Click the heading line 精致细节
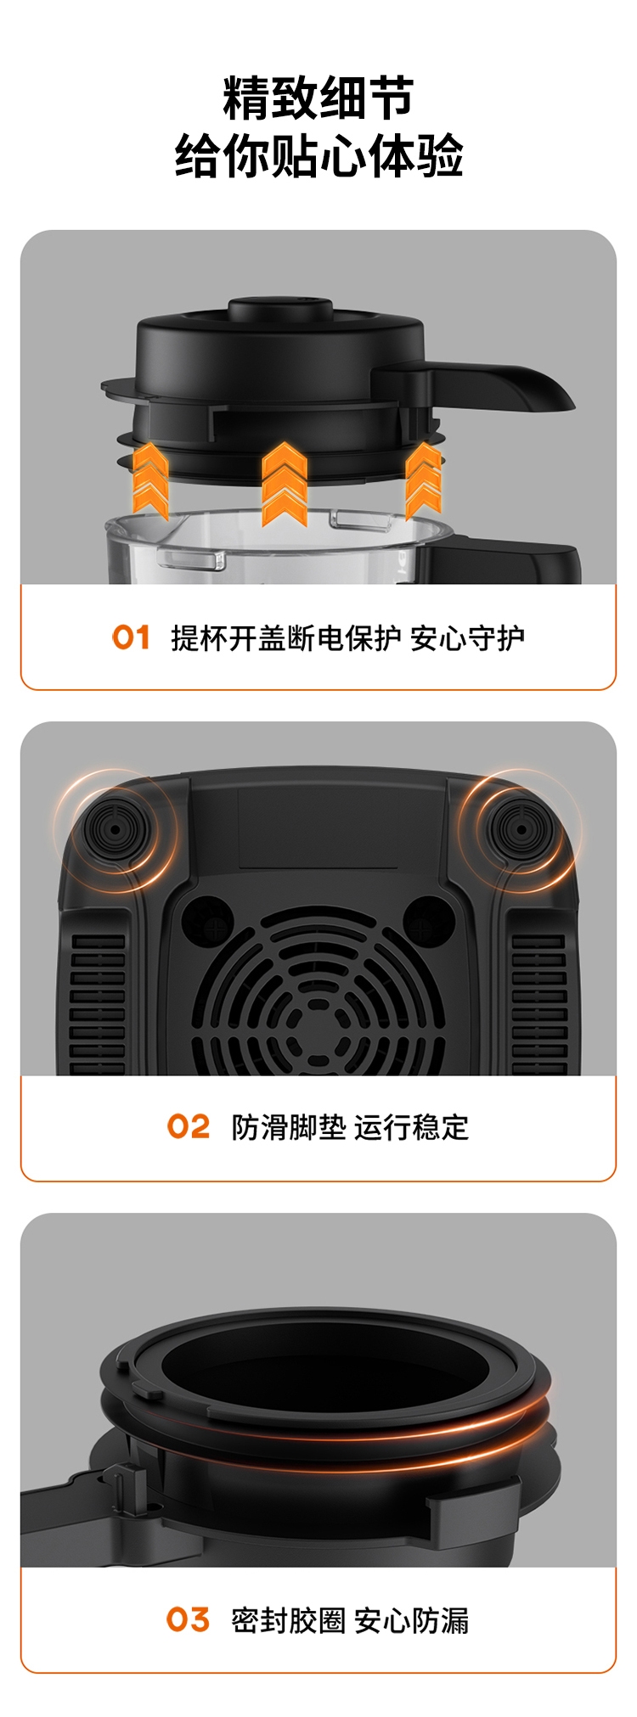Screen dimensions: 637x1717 [x=318, y=98]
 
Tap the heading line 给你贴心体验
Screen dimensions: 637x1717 [x=318, y=156]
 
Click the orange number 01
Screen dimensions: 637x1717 [x=131, y=637]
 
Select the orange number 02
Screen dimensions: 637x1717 [x=188, y=1127]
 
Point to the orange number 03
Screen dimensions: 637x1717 [x=188, y=1619]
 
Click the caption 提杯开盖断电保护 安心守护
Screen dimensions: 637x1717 [x=347, y=637]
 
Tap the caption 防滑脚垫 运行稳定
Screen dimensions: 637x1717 [x=350, y=1127]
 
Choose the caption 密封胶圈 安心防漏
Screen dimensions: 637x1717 [x=350, y=1619]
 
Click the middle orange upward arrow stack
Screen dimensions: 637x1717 [x=284, y=484]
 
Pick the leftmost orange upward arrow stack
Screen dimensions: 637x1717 [x=151, y=480]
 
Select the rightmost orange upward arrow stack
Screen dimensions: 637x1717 [x=423, y=480]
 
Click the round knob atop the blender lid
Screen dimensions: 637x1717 [x=281, y=308]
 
